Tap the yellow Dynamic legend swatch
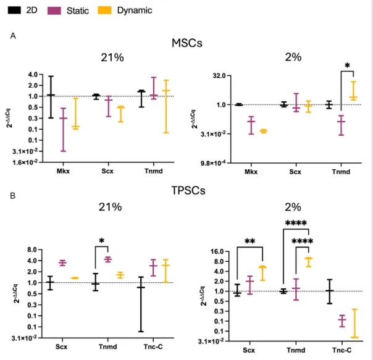[108, 10]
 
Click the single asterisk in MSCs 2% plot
[347, 65]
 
